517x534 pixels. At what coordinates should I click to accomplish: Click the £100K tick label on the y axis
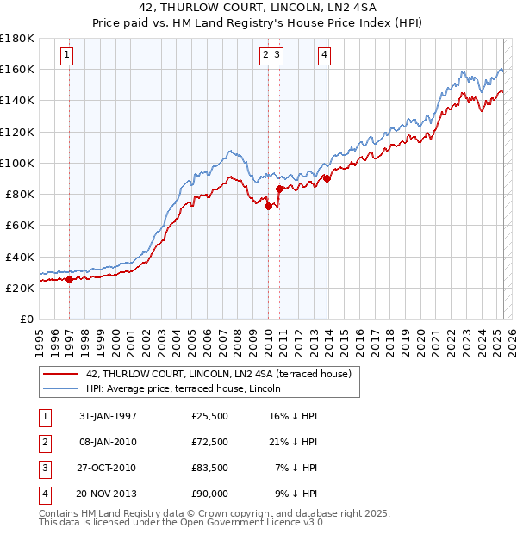click(x=17, y=163)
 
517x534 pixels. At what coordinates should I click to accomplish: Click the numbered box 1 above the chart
click(x=67, y=57)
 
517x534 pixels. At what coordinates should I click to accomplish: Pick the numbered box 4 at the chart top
click(x=324, y=57)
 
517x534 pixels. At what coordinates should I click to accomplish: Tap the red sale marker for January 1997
click(x=70, y=279)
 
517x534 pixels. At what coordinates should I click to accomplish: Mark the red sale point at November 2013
click(x=327, y=178)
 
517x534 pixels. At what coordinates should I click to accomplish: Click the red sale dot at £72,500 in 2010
click(x=268, y=206)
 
